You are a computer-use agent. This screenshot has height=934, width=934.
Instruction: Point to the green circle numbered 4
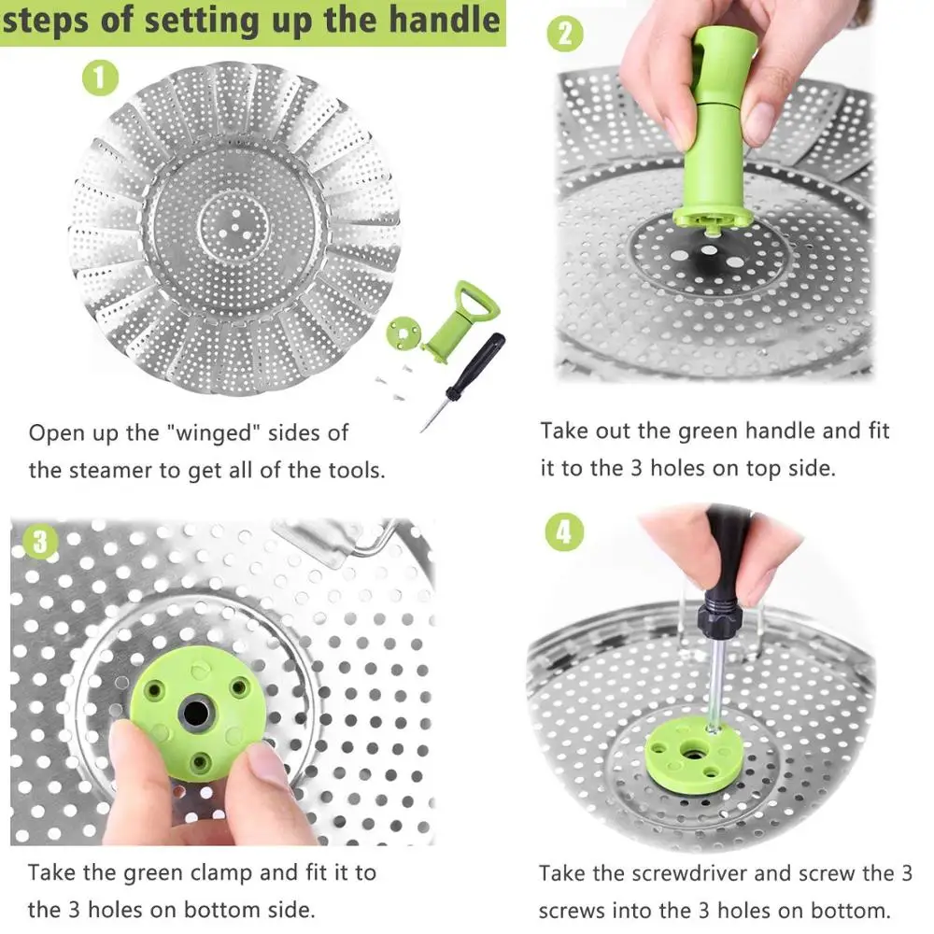pyautogui.click(x=565, y=532)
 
